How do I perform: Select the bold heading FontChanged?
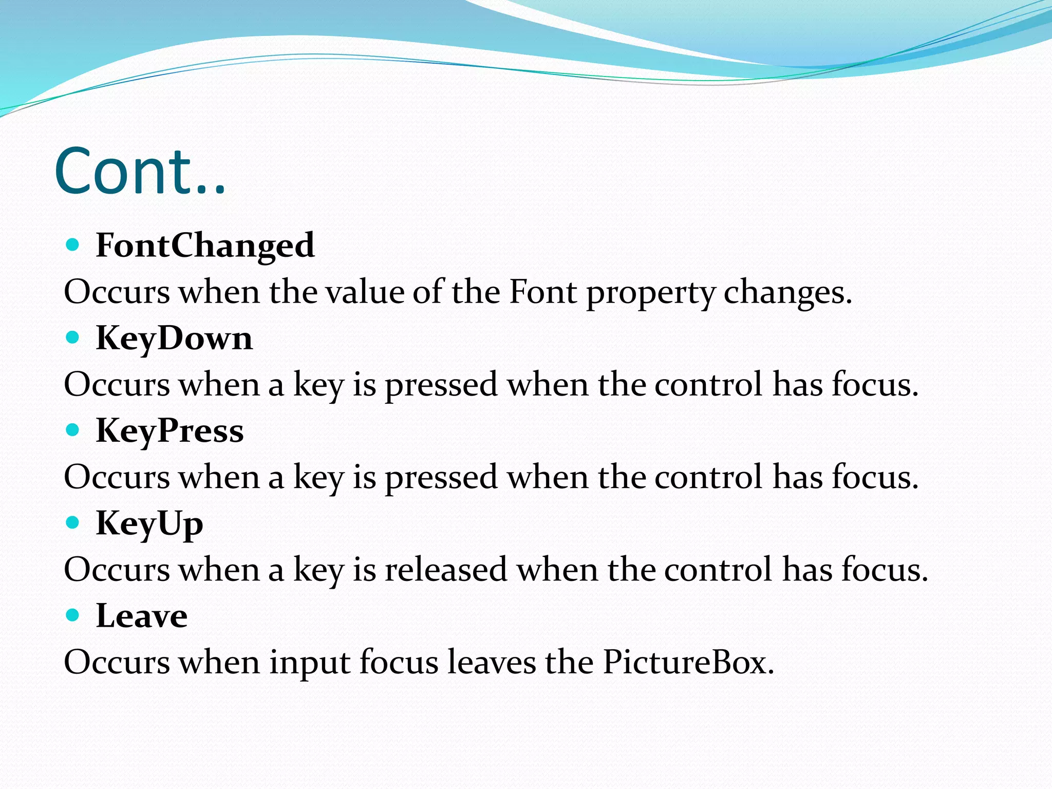(205, 245)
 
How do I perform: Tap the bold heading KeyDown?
(174, 339)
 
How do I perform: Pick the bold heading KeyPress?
(170, 430)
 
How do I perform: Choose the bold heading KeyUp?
(149, 523)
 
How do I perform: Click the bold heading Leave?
(142, 615)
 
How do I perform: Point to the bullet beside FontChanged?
(73, 245)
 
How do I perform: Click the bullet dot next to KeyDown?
(73, 337)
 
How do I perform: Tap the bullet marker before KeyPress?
(73, 430)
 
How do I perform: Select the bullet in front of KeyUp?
(73, 522)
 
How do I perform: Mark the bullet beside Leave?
(73, 615)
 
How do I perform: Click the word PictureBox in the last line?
(688, 662)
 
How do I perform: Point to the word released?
(446, 570)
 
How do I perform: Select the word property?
(651, 293)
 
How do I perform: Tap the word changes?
(787, 293)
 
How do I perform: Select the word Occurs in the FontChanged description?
(117, 292)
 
